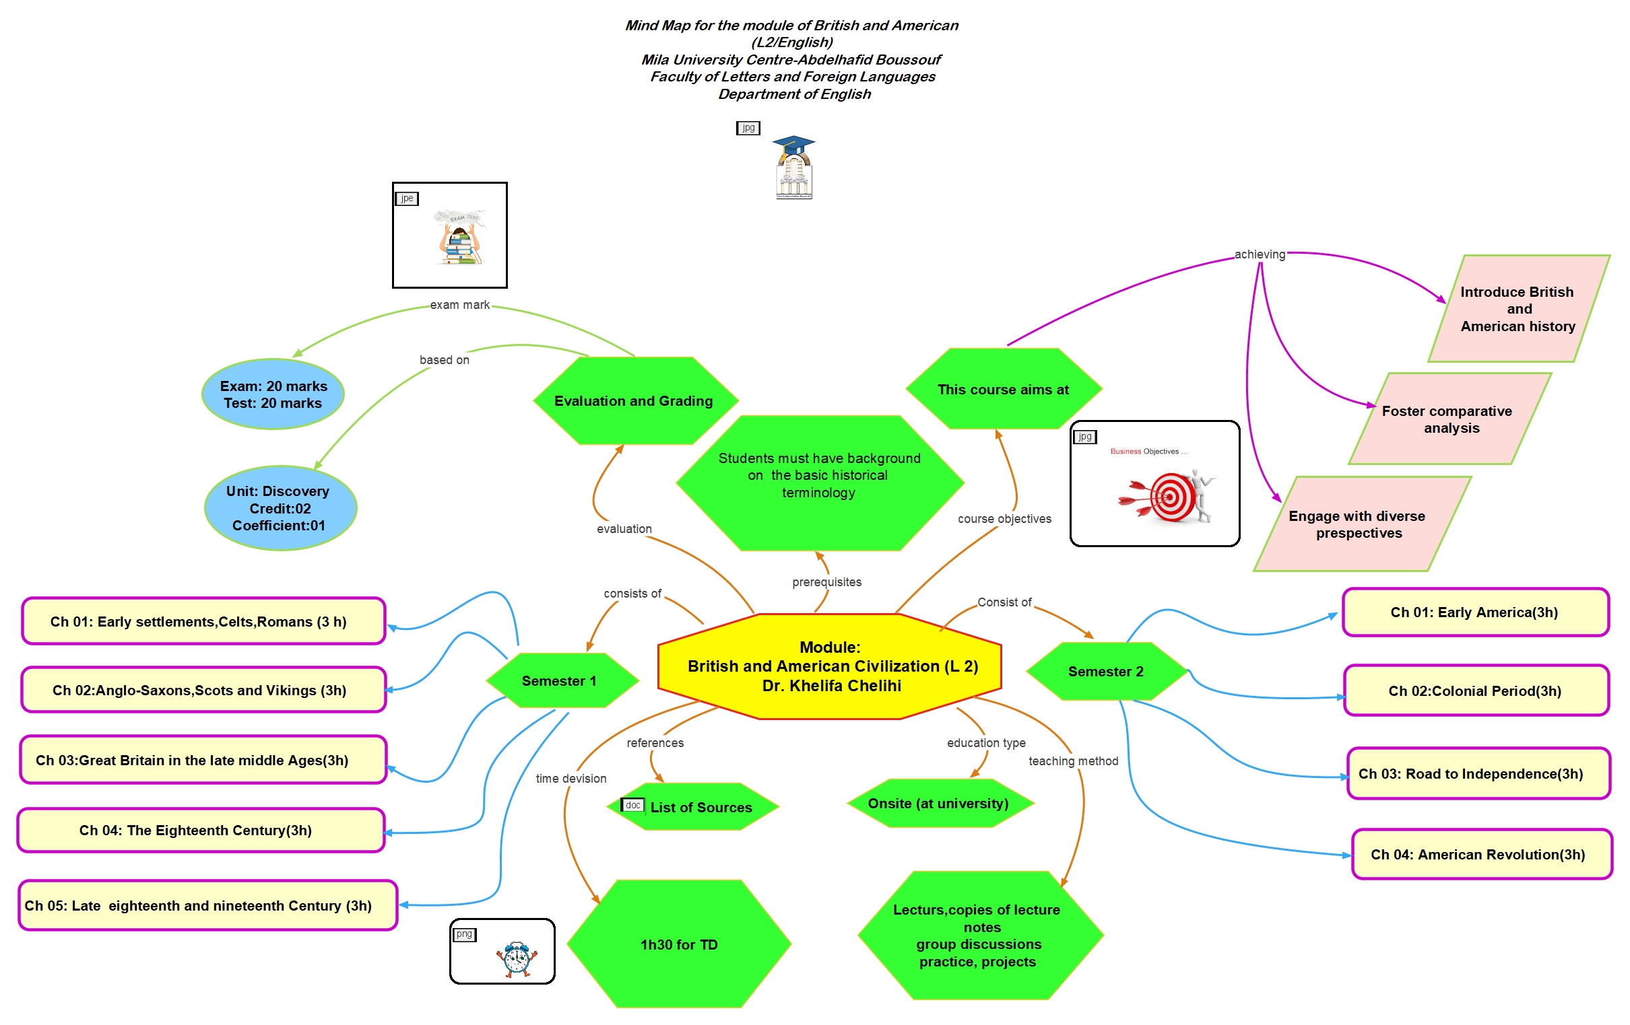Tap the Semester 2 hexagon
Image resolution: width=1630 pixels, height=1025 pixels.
point(1106,671)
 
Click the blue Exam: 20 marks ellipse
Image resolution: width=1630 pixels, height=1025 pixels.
point(273,394)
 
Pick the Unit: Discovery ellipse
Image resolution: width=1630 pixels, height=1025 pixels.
point(280,508)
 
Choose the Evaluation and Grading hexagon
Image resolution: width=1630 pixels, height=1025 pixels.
point(634,400)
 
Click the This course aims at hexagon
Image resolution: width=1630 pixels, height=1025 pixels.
point(1003,389)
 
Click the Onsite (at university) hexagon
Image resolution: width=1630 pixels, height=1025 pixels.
point(940,803)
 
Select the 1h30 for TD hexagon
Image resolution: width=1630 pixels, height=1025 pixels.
point(679,944)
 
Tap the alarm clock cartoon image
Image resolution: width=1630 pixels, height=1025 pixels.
point(517,958)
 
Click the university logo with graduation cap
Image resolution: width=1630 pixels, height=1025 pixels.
point(793,168)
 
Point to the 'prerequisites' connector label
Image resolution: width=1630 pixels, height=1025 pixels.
point(826,582)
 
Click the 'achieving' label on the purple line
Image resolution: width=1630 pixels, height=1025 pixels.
point(1259,254)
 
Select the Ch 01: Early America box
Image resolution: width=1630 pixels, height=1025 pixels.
point(1476,612)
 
